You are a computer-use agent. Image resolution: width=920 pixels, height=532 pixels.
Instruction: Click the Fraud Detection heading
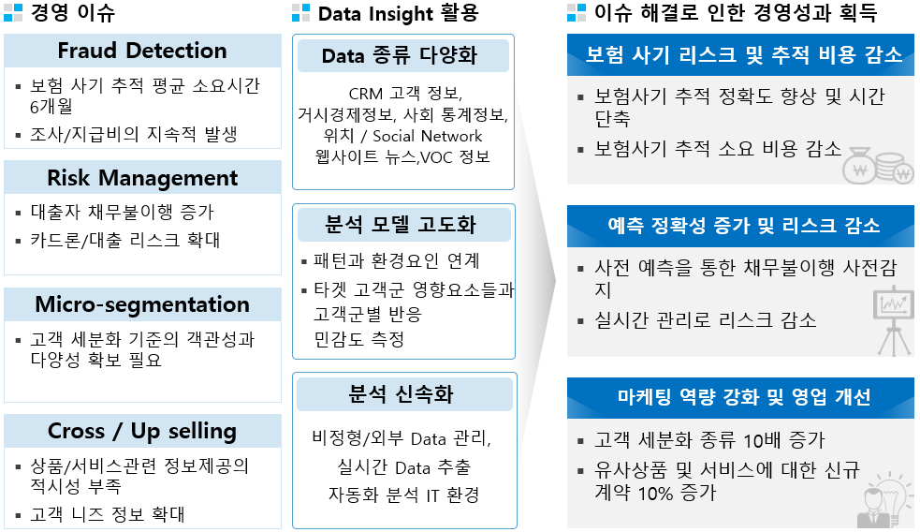[x=142, y=51]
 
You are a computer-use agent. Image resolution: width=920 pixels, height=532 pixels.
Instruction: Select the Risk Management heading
[x=142, y=177]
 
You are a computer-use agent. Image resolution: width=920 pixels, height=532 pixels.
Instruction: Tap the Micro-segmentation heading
[x=142, y=304]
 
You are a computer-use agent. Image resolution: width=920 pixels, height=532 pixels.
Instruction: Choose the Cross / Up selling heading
[x=142, y=431]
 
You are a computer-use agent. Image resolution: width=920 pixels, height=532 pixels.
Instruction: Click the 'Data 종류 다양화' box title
[x=400, y=56]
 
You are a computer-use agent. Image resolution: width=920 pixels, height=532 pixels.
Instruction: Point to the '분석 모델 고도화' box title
[x=401, y=224]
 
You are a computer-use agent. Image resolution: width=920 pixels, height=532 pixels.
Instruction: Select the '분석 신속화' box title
[x=401, y=394]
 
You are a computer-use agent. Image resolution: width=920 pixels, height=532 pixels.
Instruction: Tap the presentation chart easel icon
[x=894, y=320]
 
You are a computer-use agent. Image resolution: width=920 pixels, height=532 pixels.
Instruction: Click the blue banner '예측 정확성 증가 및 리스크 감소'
[x=743, y=225]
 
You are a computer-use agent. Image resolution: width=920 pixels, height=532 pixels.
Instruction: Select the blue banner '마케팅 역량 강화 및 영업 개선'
[x=743, y=397]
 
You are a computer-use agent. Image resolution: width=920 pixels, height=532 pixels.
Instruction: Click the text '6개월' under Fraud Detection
[x=51, y=106]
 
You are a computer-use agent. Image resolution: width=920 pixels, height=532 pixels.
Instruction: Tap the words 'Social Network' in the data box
[x=427, y=136]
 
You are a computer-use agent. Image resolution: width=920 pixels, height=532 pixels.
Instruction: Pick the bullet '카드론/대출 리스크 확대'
[x=125, y=240]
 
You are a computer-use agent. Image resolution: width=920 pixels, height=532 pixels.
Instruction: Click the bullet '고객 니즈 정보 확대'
[x=108, y=514]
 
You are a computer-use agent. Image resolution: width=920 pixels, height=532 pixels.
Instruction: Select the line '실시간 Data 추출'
[x=403, y=467]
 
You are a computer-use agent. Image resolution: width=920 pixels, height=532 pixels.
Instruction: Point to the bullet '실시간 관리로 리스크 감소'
[x=706, y=320]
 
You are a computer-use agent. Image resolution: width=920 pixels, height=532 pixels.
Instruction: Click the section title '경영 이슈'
[x=73, y=13]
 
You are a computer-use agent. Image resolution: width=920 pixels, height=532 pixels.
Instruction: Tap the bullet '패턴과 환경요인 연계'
[x=397, y=260]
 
